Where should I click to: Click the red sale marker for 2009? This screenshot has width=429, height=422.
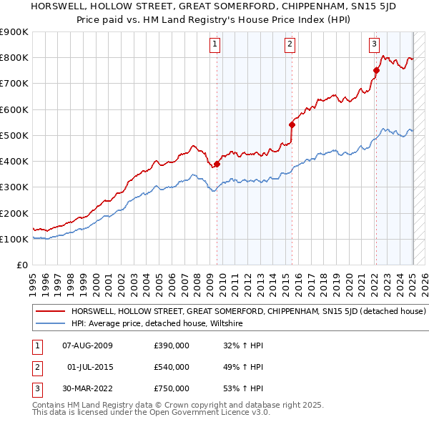coord(217,164)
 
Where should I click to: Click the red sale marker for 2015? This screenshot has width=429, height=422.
coord(292,124)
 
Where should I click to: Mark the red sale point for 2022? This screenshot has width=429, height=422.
coord(376,70)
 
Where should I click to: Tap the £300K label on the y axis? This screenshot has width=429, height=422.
coord(15,187)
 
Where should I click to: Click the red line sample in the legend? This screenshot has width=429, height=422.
coord(49,312)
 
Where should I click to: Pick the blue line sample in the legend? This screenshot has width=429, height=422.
coord(49,323)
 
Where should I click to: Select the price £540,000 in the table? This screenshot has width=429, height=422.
coord(172,367)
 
